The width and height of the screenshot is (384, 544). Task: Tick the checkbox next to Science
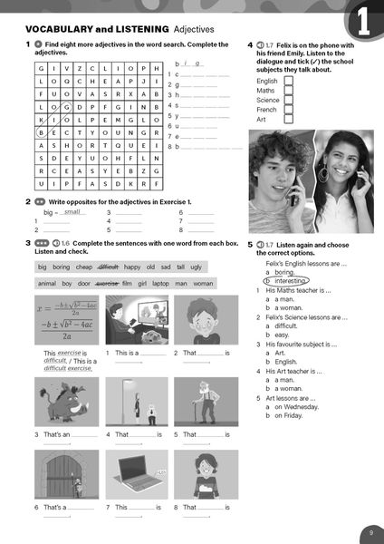[x=288, y=100]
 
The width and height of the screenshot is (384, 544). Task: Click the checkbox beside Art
[x=288, y=120]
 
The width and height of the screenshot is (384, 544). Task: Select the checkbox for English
[x=288, y=81]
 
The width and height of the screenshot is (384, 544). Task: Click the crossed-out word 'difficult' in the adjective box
[x=108, y=267]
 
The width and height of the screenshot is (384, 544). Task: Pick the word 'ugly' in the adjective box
[x=197, y=267]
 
